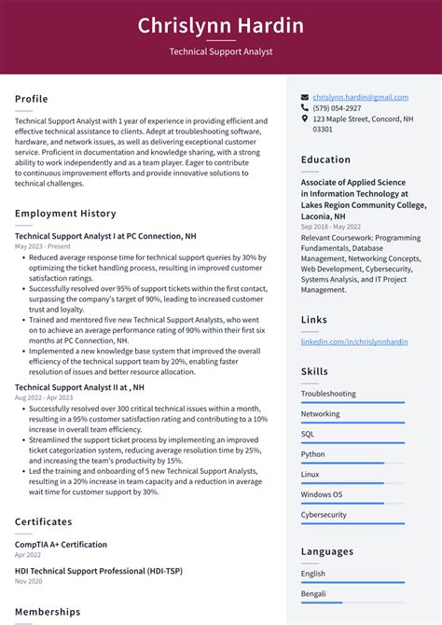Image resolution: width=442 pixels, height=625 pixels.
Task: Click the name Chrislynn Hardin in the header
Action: point(221,25)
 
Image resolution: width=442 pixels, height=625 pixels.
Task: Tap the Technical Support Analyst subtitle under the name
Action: point(221,52)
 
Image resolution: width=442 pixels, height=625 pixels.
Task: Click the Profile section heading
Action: point(32,99)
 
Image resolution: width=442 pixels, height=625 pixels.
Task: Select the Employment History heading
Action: point(65,214)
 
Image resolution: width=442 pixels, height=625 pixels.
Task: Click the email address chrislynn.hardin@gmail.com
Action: point(360,97)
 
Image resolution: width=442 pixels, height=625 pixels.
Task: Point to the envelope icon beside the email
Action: point(305,97)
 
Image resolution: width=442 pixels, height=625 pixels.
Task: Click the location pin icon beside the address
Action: point(305,119)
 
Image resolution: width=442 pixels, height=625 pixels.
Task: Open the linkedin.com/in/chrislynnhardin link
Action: point(353,342)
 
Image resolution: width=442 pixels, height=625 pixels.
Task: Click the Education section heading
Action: point(325,160)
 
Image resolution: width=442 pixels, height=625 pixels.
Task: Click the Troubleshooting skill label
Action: point(328,394)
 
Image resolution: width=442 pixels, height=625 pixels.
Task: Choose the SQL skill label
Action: point(308,434)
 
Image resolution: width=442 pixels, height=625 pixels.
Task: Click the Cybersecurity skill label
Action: point(324,514)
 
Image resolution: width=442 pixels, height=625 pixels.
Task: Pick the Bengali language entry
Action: point(314,593)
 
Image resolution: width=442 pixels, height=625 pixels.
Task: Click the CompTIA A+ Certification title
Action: point(61,544)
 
